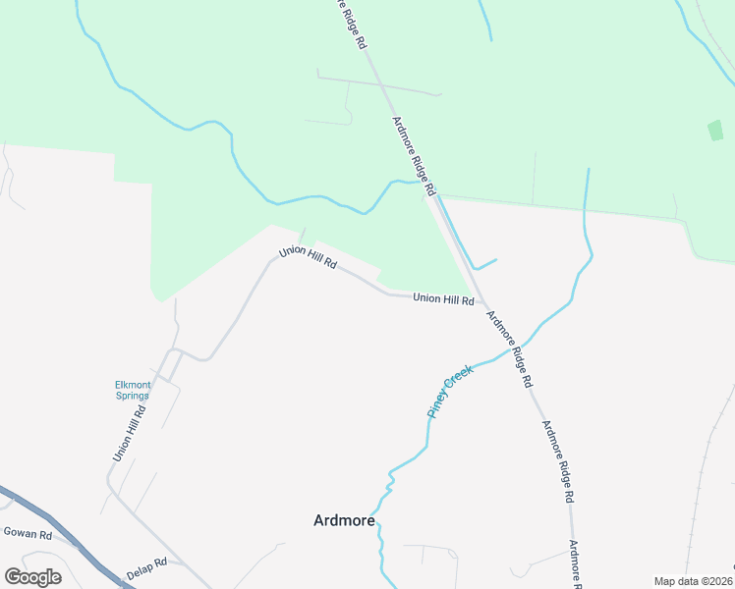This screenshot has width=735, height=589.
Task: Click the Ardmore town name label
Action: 344,520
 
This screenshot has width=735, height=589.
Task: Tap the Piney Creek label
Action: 450,391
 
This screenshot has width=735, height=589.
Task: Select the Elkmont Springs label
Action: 131,391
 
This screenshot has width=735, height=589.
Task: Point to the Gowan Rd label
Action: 27,533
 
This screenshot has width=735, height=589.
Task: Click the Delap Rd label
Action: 146,569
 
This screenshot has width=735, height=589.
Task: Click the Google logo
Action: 32,576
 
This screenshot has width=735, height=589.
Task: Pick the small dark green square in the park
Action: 715,130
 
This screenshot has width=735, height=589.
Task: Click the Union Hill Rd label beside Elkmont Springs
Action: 129,433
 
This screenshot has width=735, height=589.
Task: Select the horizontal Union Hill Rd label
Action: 443,298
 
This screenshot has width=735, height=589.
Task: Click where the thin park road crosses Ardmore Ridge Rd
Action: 380,85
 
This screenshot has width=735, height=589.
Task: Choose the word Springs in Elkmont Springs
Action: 131,397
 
